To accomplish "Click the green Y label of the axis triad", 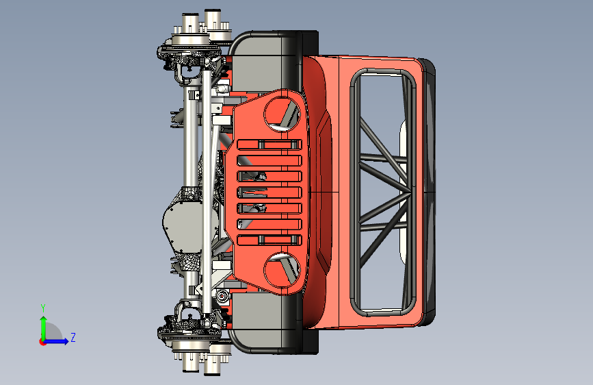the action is pos(43,308).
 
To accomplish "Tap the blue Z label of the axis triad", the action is pos(73,337).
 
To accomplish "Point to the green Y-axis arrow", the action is pos(44,328).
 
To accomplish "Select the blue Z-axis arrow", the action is pos(56,341).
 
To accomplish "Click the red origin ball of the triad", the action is pos(42,342).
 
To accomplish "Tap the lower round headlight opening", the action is pos(282,271).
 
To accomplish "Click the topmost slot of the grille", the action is pos(269,145).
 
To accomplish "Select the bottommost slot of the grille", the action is pos(269,240).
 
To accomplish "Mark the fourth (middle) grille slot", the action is pos(269,192).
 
